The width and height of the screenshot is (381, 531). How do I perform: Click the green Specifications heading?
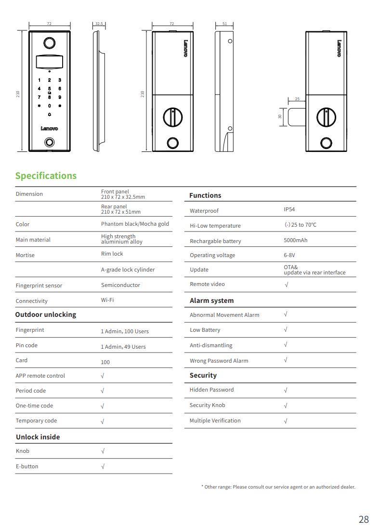[46, 176]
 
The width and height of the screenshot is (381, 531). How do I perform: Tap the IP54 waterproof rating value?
[289, 209]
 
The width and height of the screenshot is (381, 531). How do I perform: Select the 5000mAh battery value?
[295, 240]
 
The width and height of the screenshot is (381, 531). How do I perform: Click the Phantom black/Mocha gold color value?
[135, 224]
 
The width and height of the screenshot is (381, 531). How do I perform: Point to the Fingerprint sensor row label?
[39, 286]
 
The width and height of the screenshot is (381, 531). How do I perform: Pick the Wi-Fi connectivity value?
[107, 300]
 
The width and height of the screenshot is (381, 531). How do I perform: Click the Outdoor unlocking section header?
[45, 314]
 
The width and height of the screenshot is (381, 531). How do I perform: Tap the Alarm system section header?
[211, 300]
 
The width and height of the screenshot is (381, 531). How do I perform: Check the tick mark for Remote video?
[286, 284]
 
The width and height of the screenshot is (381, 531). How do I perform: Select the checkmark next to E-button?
[103, 466]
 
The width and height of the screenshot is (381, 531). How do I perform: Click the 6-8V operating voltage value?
[289, 255]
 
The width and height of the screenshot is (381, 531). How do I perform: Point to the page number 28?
[364, 519]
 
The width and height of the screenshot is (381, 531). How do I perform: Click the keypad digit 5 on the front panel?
[49, 89]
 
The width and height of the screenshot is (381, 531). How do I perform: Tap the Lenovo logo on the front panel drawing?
[49, 129]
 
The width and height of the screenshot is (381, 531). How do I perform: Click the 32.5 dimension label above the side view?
[99, 23]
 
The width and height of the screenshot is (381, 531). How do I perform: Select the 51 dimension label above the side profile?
[224, 23]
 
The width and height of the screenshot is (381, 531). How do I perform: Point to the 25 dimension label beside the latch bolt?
[297, 99]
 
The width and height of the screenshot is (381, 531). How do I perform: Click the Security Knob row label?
[207, 405]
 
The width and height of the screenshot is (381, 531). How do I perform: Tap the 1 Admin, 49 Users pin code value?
[123, 347]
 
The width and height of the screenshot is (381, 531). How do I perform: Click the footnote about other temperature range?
[278, 487]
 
